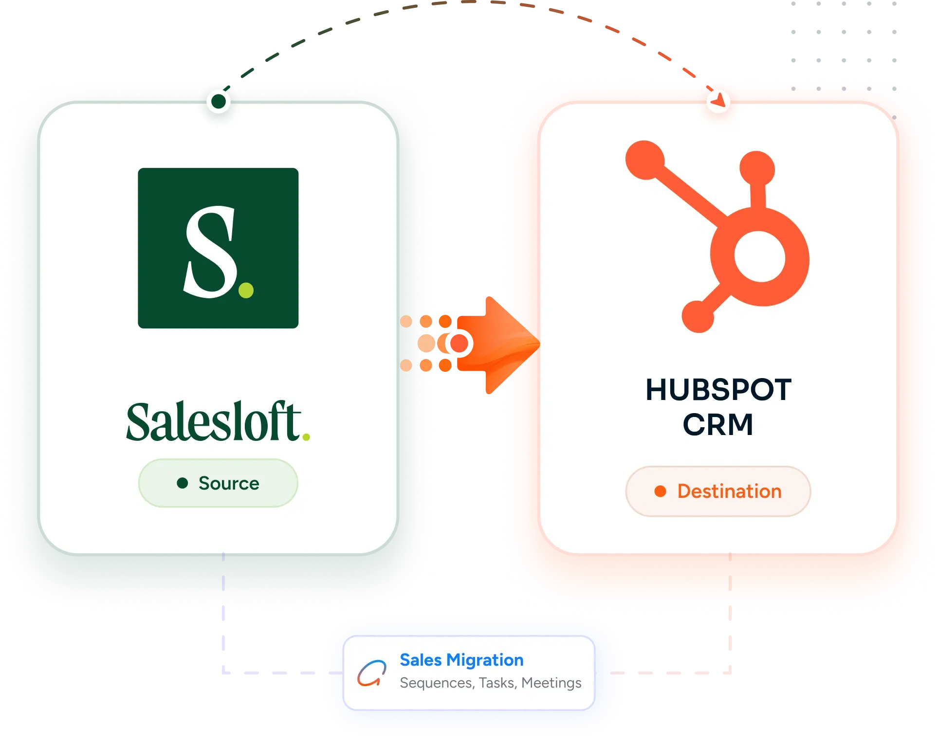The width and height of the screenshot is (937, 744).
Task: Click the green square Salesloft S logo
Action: tap(218, 248)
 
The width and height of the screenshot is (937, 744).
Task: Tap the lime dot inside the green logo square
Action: tap(246, 290)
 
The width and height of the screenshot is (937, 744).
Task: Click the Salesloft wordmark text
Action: tap(215, 421)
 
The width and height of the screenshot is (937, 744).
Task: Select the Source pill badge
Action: tap(218, 483)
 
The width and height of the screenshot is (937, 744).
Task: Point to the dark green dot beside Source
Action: tap(183, 483)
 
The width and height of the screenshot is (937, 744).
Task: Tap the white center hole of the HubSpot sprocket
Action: tap(760, 256)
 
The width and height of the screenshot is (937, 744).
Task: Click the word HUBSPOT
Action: tap(718, 390)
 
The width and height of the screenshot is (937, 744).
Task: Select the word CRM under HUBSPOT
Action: tap(718, 424)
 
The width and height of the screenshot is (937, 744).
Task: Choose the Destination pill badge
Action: tap(718, 491)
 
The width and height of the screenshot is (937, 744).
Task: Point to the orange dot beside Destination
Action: tap(660, 491)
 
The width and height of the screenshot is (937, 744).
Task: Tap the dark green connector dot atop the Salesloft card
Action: tap(219, 101)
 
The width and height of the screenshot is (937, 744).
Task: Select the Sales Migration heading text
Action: tap(461, 660)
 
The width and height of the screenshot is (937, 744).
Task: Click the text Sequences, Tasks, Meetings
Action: tap(491, 683)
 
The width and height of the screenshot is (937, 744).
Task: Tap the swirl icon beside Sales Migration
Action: tap(372, 673)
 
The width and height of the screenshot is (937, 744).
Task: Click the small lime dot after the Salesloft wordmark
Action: tap(306, 437)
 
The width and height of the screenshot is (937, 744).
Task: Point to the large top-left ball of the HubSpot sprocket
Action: tap(645, 160)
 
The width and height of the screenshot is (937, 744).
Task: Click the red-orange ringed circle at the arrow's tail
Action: tap(459, 344)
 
